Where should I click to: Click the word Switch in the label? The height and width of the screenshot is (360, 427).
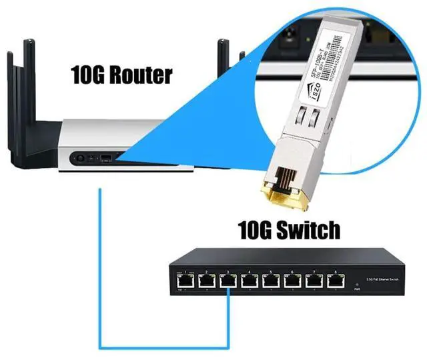coord(307,231)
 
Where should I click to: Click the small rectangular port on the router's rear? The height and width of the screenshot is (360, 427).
coord(105,160)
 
